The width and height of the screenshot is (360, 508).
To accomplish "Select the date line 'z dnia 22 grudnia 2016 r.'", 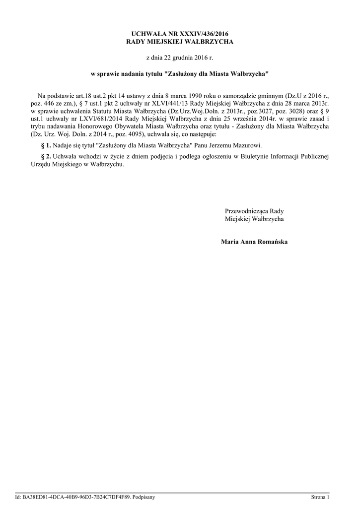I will pyautogui.click(x=179, y=58).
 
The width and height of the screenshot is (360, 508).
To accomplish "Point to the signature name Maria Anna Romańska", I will pyautogui.click(x=254, y=242).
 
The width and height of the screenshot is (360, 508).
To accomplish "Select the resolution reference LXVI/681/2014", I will pyautogui.click(x=100, y=120).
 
